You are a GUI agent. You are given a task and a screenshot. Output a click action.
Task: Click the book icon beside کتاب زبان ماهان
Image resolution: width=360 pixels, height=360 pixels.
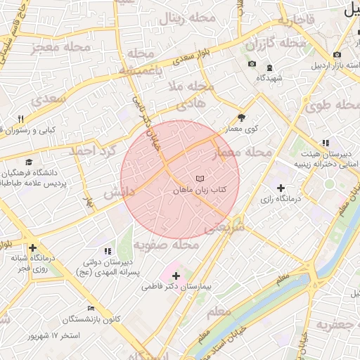(x=200, y=179)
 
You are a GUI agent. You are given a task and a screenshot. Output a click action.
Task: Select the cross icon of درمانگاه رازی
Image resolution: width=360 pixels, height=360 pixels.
(x=281, y=188)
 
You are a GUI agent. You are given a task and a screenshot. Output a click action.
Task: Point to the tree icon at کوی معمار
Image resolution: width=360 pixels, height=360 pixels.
(x=242, y=118)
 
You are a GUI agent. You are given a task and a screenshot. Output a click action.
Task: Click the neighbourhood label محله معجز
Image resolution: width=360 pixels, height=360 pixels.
(x=62, y=49)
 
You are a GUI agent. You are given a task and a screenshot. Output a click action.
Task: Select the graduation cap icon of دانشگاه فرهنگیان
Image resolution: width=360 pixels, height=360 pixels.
(x=29, y=162)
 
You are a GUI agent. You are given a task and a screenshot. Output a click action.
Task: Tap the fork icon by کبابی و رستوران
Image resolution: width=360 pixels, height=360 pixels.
(x=21, y=119)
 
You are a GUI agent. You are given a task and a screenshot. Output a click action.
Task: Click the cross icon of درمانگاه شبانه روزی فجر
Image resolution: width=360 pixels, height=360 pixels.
(x=32, y=247)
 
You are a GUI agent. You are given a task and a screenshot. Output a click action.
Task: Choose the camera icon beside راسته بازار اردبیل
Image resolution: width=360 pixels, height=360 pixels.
(x=337, y=55)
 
